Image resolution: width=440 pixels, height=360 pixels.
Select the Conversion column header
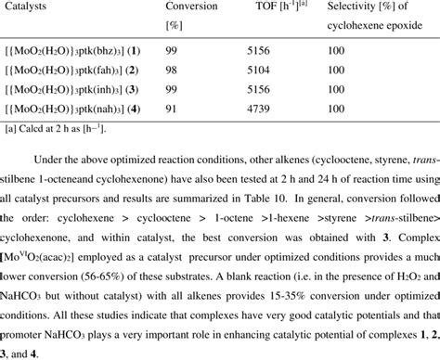pyautogui.click(x=191, y=6)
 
